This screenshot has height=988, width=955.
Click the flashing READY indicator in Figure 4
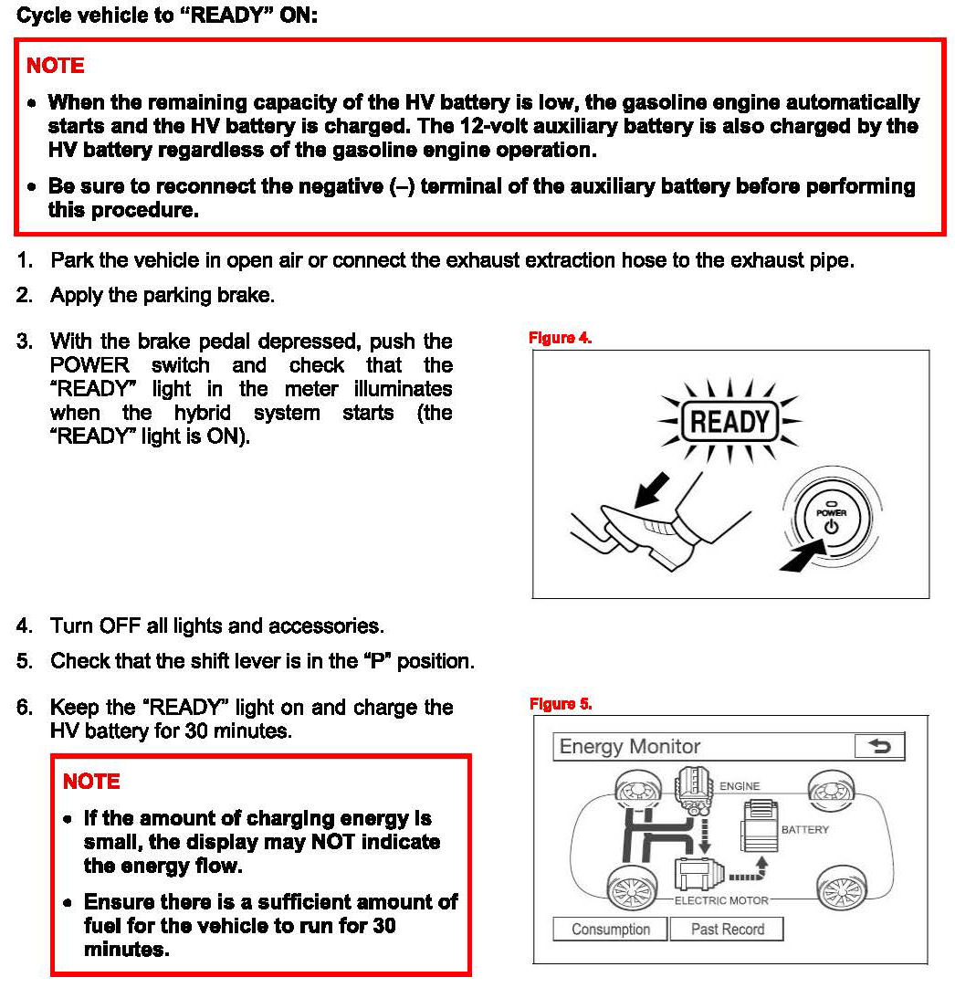point(729,422)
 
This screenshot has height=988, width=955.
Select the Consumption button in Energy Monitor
point(610,930)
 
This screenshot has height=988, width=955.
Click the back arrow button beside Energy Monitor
point(879,747)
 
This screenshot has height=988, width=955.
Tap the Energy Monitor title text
point(629,747)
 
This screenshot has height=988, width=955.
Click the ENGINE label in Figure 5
point(740,785)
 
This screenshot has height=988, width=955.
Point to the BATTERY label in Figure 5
point(804,830)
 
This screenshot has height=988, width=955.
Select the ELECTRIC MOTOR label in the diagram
point(721,900)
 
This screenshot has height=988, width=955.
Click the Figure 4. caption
point(561,339)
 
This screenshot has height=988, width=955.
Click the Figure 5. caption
point(561,704)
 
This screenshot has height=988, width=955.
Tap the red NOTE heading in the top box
point(55,66)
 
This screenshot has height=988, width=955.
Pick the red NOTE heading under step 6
point(91,782)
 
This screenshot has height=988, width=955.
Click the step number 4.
point(24,626)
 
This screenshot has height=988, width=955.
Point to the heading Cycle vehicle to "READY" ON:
point(168,16)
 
